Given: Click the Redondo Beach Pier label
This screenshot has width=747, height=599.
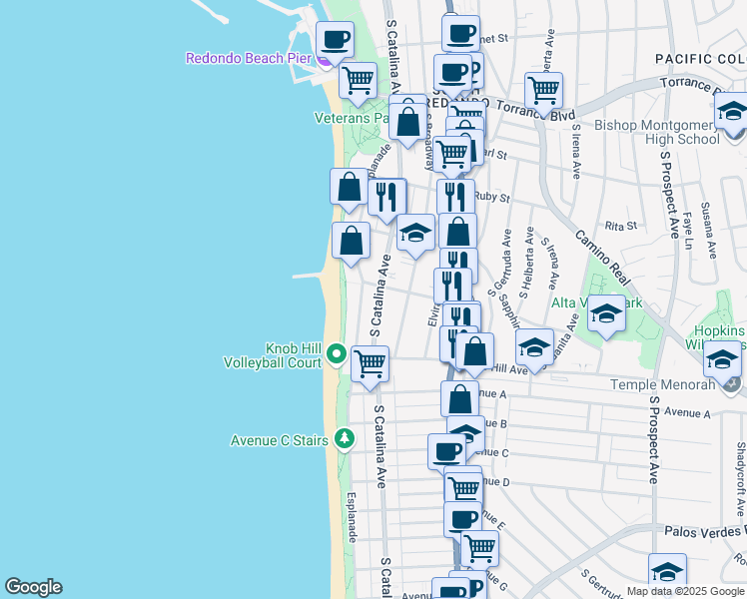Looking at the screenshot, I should click(249, 58).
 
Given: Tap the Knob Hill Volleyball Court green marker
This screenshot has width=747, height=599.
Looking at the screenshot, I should click(338, 353).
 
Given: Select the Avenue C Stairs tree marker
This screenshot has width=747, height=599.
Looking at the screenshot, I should click(344, 438).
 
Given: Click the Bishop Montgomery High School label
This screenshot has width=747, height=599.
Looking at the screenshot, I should click(656, 132).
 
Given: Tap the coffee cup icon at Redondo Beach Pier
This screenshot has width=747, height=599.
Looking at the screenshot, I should click(335, 40).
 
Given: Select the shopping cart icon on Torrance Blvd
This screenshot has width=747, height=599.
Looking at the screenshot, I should click(543, 90).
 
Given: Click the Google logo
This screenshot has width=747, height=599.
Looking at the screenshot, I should click(33, 587).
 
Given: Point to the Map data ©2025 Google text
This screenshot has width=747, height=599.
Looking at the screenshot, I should click(685, 591).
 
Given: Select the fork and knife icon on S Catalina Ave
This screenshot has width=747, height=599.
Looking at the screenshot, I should click(386, 196).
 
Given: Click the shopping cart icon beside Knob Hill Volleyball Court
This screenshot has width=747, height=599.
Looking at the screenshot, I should click(370, 363).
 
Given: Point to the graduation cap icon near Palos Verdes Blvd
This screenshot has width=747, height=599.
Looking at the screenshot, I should click(667, 571).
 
